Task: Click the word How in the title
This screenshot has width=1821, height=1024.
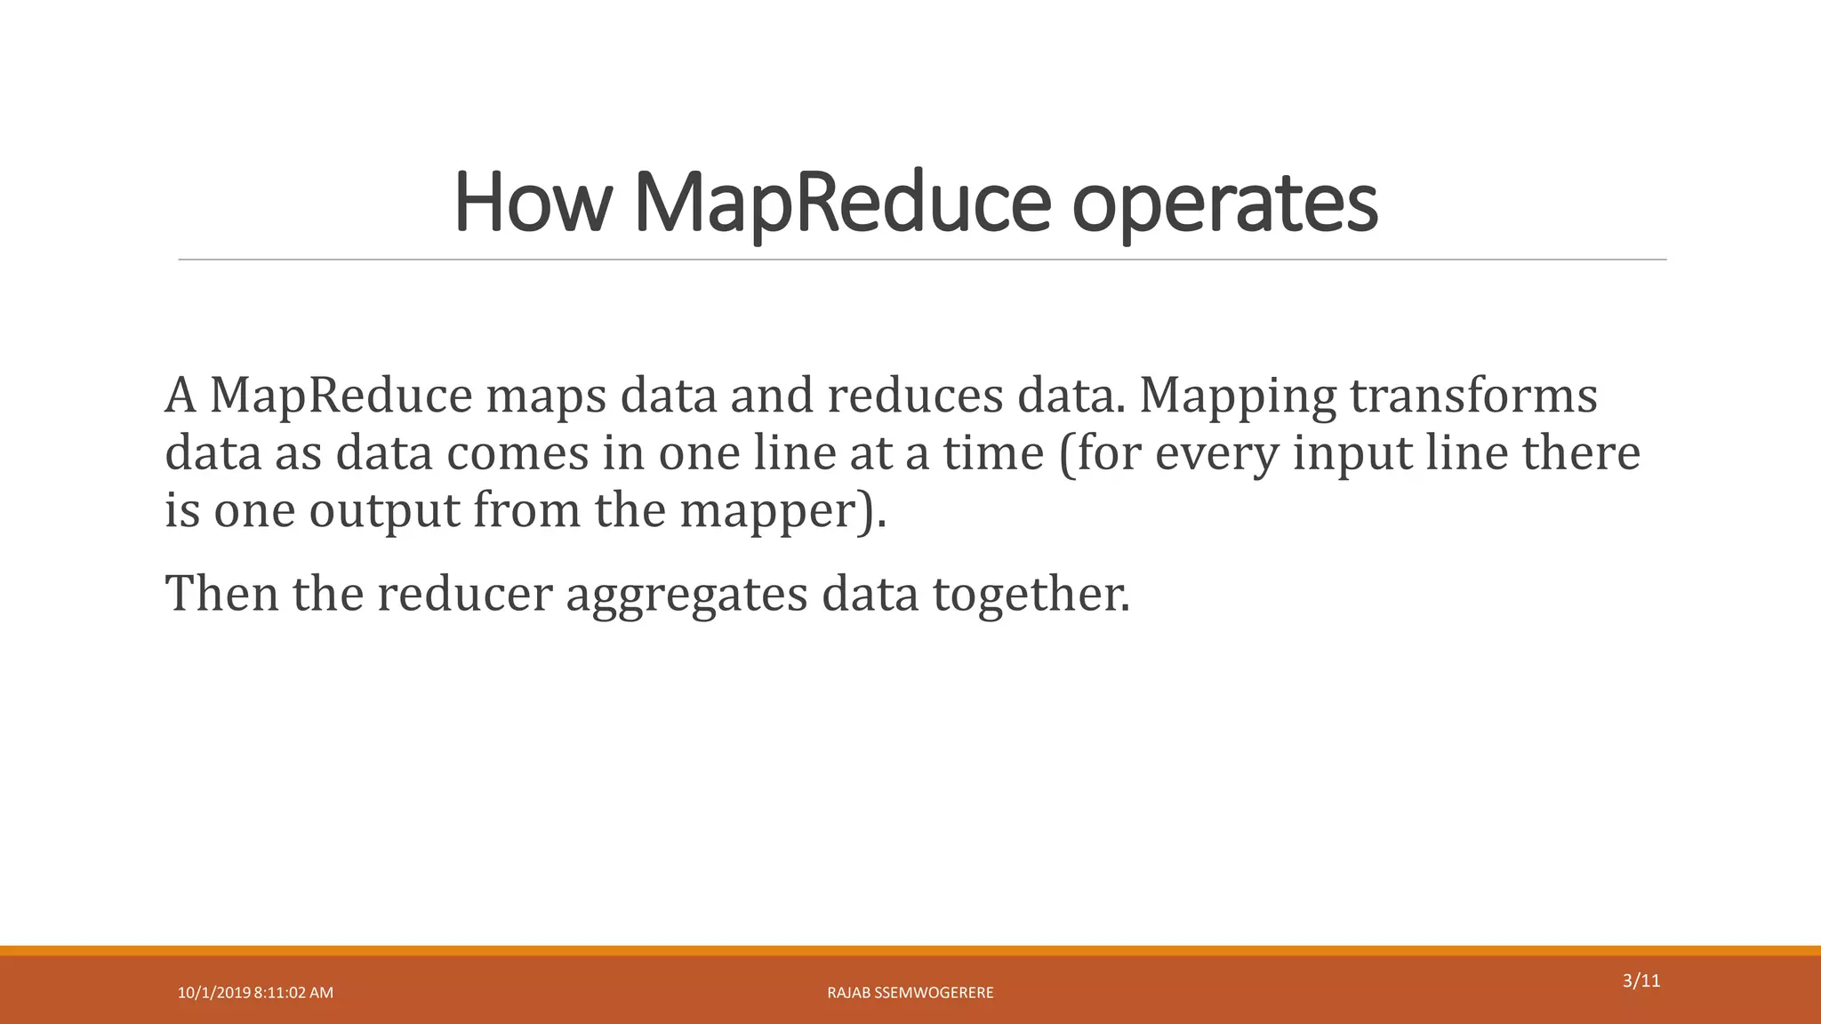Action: pyautogui.click(x=532, y=203)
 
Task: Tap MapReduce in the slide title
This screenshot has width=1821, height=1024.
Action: pyautogui.click(x=842, y=203)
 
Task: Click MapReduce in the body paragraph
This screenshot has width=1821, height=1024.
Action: pyautogui.click(x=341, y=396)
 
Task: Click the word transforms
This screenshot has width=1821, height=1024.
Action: pyautogui.click(x=1473, y=396)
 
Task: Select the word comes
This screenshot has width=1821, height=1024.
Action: pyautogui.click(x=517, y=453)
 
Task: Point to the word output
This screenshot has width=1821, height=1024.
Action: pyautogui.click(x=383, y=512)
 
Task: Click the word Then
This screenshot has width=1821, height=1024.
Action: pyautogui.click(x=221, y=593)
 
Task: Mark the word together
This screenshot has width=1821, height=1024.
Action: pyautogui.click(x=1031, y=595)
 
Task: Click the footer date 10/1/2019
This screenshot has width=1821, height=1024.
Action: pyautogui.click(x=213, y=993)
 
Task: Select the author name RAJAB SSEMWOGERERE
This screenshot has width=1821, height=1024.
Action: pyautogui.click(x=910, y=993)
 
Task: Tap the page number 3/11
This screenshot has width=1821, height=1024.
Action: pyautogui.click(x=1641, y=981)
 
